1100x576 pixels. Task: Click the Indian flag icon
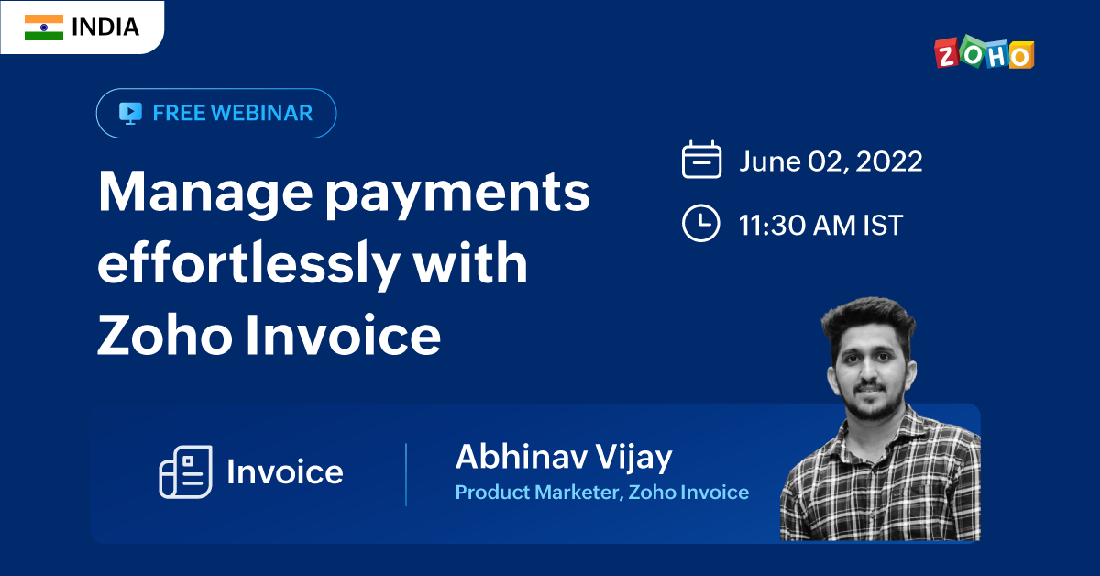tap(44, 28)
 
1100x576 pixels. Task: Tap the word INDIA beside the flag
tap(105, 28)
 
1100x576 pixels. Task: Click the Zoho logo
tap(984, 52)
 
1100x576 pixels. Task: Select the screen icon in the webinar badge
tap(130, 113)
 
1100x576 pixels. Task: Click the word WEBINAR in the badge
tap(262, 113)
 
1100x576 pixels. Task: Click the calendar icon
tap(701, 160)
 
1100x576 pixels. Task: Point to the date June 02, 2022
tap(830, 161)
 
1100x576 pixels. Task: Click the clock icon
tap(700, 223)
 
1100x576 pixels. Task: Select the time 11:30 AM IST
tap(820, 225)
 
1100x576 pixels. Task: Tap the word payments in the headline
tap(457, 195)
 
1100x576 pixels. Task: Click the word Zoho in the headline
tap(164, 334)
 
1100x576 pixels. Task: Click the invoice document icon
tap(185, 471)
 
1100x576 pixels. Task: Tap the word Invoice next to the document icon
tap(285, 471)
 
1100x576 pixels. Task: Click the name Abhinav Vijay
tap(564, 458)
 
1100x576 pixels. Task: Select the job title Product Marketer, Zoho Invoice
tap(602, 493)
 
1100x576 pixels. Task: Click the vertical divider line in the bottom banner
tap(406, 475)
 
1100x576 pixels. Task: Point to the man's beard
tap(873, 404)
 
